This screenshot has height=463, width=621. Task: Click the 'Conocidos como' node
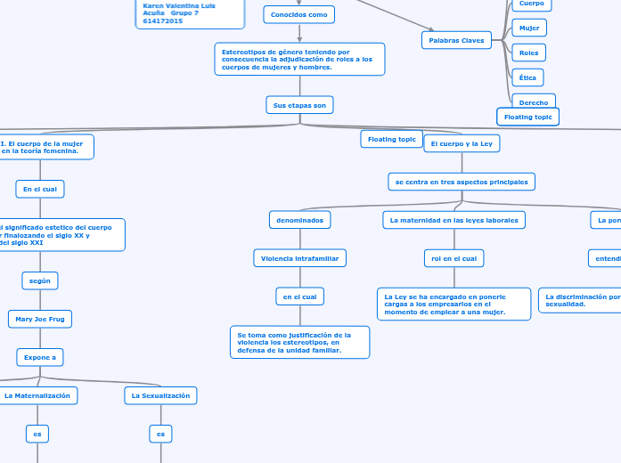tap(299, 14)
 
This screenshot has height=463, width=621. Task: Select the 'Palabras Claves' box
tap(456, 40)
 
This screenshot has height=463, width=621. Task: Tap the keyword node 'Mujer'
tap(529, 28)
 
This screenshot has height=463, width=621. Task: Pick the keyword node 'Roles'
tap(529, 53)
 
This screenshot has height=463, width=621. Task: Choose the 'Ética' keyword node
tap(527, 77)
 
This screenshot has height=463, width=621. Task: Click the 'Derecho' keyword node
tap(534, 102)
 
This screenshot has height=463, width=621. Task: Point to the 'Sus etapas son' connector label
tap(299, 105)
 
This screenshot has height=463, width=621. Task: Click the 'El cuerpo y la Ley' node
tap(462, 143)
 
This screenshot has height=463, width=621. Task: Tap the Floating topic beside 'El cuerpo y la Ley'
tap(392, 139)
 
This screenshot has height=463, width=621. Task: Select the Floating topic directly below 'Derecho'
tap(528, 117)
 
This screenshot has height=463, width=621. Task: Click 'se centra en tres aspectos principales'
tap(462, 182)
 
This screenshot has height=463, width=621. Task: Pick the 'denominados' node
tap(299, 219)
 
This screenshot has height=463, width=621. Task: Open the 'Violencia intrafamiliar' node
tap(299, 258)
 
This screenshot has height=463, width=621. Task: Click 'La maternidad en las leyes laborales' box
tap(454, 219)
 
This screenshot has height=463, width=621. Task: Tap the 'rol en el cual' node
tap(453, 258)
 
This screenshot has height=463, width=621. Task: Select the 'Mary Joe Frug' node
tap(39, 319)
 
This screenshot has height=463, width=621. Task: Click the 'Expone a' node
tap(39, 357)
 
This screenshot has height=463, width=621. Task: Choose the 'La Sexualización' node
tap(160, 395)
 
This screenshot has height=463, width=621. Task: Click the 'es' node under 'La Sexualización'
tap(160, 435)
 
